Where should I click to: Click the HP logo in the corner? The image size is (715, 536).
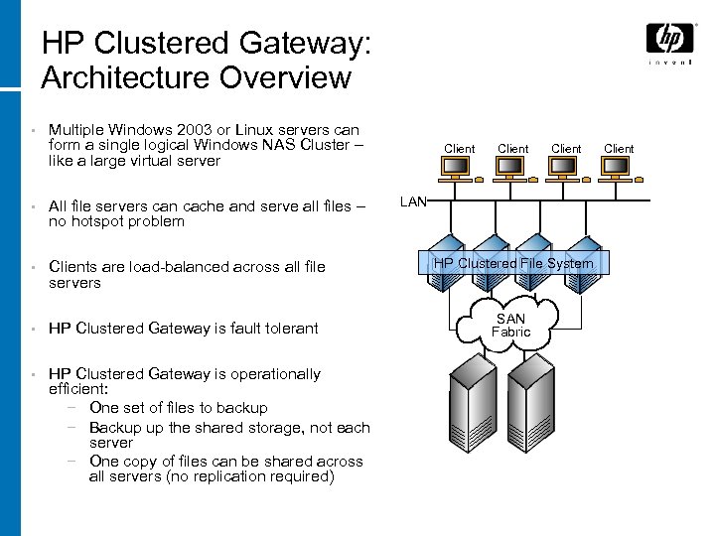click(669, 40)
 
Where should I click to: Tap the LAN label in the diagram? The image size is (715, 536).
click(413, 202)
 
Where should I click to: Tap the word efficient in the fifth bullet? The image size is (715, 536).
click(80, 390)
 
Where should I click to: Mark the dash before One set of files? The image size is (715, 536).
click(72, 408)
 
